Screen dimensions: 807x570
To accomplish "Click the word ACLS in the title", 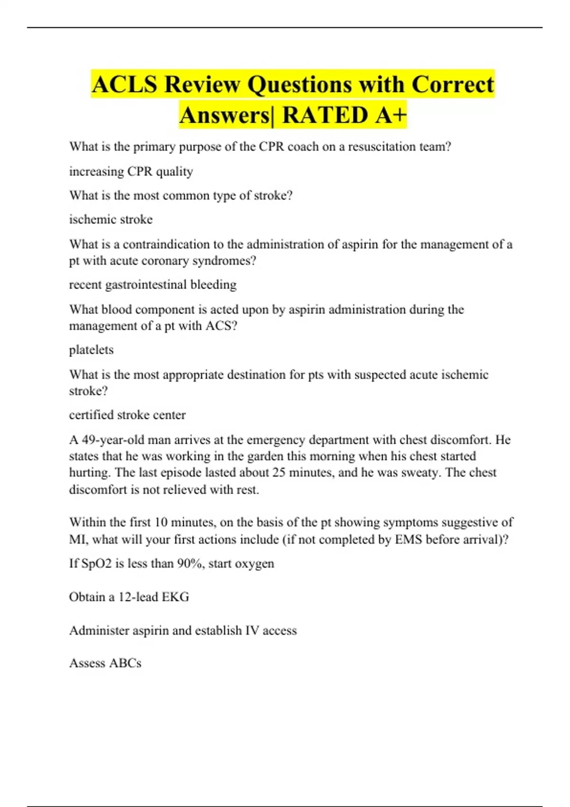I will [124, 85].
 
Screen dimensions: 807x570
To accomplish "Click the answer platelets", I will [91, 350].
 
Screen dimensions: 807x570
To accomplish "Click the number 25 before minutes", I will [279, 473].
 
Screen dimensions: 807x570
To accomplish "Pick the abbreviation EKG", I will [175, 597].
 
